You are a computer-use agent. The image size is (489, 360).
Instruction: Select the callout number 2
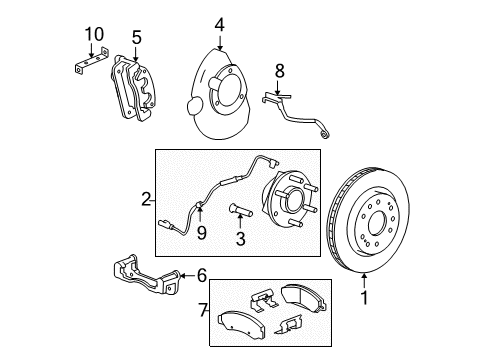(x=146, y=200)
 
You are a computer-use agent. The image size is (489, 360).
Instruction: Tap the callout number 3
(x=241, y=239)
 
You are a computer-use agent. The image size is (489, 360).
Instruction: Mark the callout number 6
(x=201, y=274)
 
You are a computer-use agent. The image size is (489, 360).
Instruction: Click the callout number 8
(x=280, y=71)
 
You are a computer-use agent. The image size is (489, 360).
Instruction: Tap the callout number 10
(x=93, y=36)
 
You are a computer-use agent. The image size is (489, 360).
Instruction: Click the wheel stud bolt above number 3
(x=241, y=211)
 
